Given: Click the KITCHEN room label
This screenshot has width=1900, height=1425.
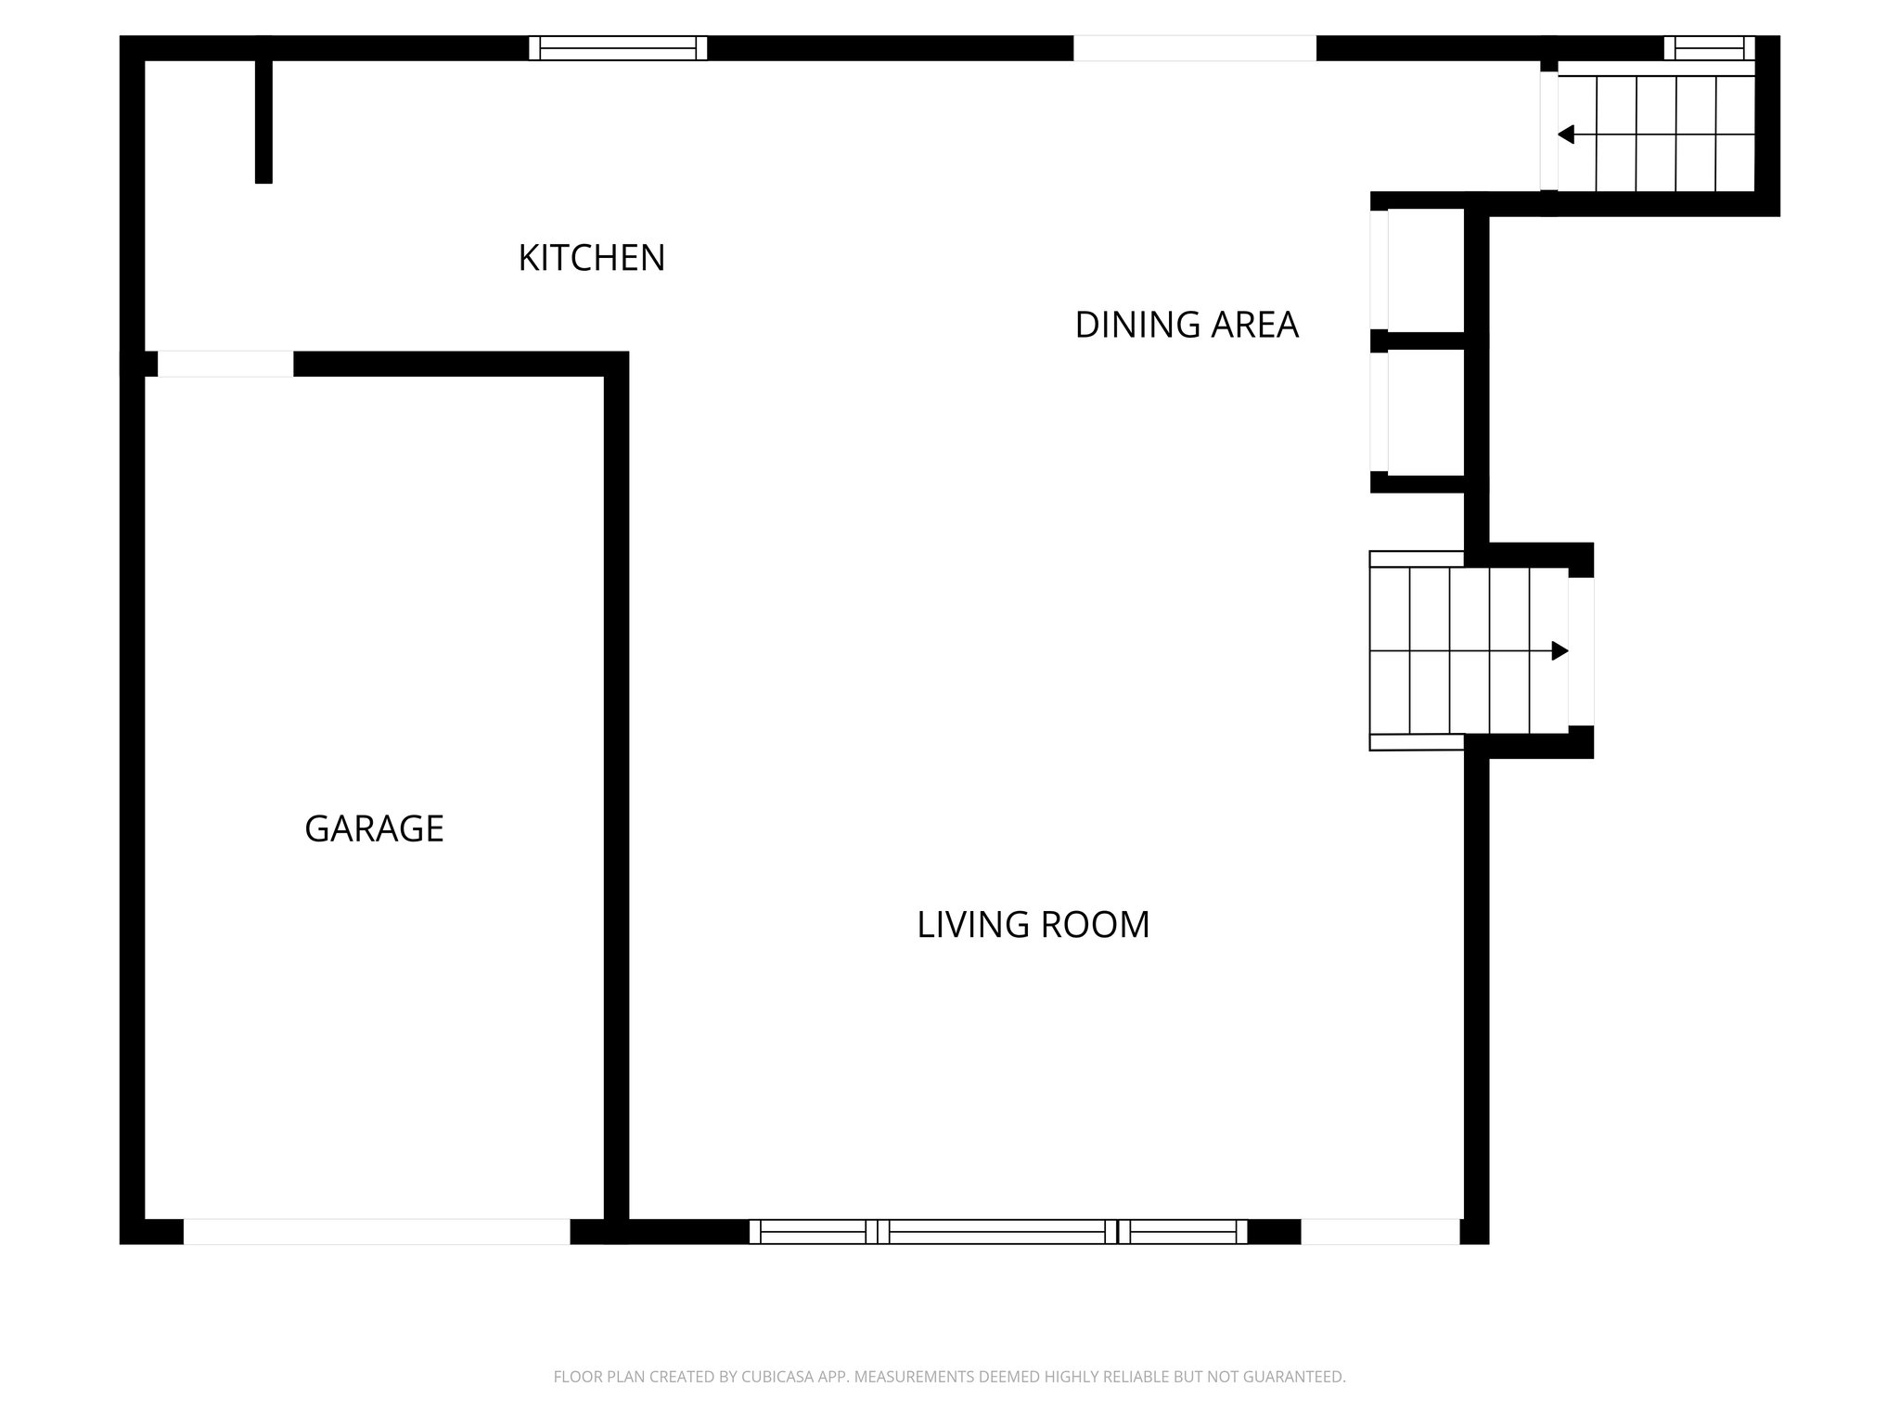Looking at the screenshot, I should click(592, 258).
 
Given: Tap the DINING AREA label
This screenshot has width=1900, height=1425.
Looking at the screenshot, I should click(1187, 325).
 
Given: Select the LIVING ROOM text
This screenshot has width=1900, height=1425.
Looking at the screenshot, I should click(1033, 925).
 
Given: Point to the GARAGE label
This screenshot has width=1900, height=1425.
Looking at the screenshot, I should click(374, 828).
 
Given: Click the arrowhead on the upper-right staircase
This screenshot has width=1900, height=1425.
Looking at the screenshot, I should click(1566, 135).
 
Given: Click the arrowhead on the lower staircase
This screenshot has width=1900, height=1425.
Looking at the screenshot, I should click(1560, 651).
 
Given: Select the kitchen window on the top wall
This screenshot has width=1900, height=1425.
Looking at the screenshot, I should click(618, 48).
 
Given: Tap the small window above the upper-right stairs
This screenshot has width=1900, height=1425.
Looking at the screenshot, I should click(1709, 48).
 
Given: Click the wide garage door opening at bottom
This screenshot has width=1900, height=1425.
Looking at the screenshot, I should click(376, 1231).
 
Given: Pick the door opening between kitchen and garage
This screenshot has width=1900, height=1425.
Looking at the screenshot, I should click(225, 364).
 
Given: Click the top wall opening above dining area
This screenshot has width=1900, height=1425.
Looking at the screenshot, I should click(1194, 48).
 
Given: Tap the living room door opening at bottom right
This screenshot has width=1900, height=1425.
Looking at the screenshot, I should click(1380, 1231).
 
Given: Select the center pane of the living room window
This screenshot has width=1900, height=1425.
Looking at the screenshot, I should click(997, 1231).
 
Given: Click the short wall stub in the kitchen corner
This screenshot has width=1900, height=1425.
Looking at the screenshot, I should click(263, 121).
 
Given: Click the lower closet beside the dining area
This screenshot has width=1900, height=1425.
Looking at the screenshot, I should click(1424, 412).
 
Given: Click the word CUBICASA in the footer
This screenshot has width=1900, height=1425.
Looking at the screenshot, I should click(779, 1377).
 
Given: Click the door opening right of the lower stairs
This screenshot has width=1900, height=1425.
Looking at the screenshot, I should click(1581, 651).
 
